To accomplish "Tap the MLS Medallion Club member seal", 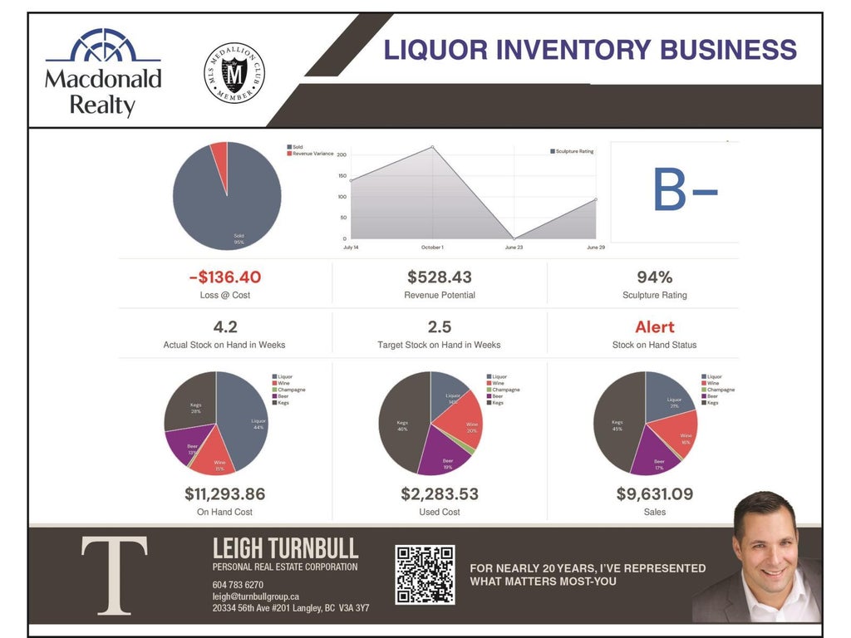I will pyautogui.click(x=234, y=74).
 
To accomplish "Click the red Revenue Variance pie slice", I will pyautogui.click(x=219, y=152).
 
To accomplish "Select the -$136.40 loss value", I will pyautogui.click(x=224, y=277).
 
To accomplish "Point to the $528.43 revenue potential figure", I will pyautogui.click(x=440, y=277).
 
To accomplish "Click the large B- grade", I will pyautogui.click(x=685, y=190).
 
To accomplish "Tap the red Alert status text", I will pyautogui.click(x=655, y=327).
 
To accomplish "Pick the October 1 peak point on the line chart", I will pyautogui.click(x=432, y=148).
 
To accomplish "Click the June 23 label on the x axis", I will pyautogui.click(x=513, y=248).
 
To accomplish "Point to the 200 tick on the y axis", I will pyautogui.click(x=342, y=155).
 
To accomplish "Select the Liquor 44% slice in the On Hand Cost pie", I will pyautogui.click(x=245, y=415).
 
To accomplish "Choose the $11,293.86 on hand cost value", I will pyautogui.click(x=224, y=494).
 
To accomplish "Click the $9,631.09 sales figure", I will pyautogui.click(x=654, y=494).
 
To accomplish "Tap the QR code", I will pyautogui.click(x=425, y=574).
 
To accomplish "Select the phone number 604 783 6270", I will pyautogui.click(x=238, y=585).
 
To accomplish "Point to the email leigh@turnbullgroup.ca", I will pyautogui.click(x=255, y=596).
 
